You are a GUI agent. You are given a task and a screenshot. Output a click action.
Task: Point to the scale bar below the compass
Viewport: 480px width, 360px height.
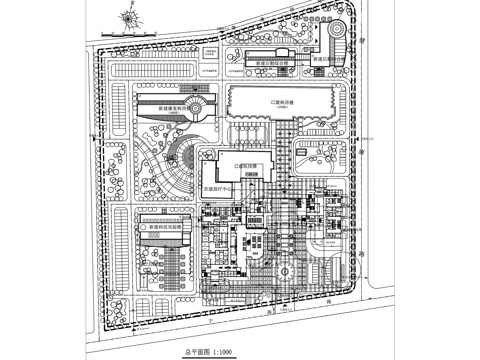(x=127, y=37)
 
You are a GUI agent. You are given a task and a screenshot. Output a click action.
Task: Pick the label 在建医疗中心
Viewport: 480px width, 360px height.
(x=219, y=187)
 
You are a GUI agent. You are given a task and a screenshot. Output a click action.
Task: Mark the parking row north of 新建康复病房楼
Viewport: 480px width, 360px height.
(x=165, y=73)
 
